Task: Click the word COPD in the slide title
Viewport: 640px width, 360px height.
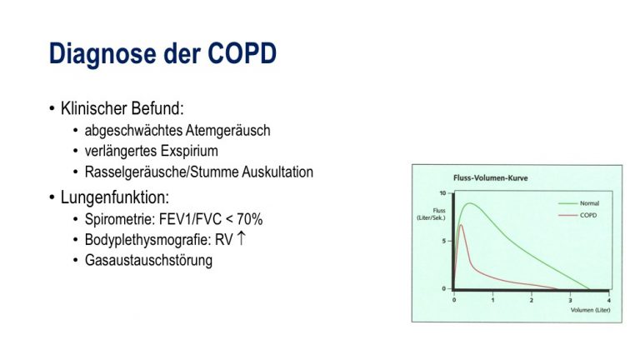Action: pyautogui.click(x=242, y=53)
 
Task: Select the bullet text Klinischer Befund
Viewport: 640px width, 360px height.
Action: pyautogui.click(x=122, y=108)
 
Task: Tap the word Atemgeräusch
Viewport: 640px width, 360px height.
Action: pyautogui.click(x=227, y=131)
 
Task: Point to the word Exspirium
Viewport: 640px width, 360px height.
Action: pyautogui.click(x=189, y=152)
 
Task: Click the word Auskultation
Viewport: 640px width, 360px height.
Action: pyautogui.click(x=277, y=172)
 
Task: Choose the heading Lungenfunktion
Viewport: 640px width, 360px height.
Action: pyautogui.click(x=115, y=197)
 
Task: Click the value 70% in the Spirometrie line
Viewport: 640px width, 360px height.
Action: pyautogui.click(x=249, y=219)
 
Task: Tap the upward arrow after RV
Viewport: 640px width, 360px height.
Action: pyautogui.click(x=241, y=238)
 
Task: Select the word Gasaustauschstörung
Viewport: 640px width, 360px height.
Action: pyautogui.click(x=148, y=260)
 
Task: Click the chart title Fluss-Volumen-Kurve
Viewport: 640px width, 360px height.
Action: pyautogui.click(x=490, y=178)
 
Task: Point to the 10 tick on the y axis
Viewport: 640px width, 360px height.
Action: pyautogui.click(x=442, y=192)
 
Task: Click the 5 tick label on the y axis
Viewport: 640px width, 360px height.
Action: pyautogui.click(x=443, y=241)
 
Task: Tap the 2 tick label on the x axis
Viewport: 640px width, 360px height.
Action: pyautogui.click(x=532, y=300)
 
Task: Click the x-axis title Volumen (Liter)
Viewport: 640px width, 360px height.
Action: pyautogui.click(x=590, y=310)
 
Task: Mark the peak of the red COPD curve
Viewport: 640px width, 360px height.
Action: pyautogui.click(x=461, y=225)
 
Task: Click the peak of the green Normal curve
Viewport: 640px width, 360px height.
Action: pyautogui.click(x=470, y=203)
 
